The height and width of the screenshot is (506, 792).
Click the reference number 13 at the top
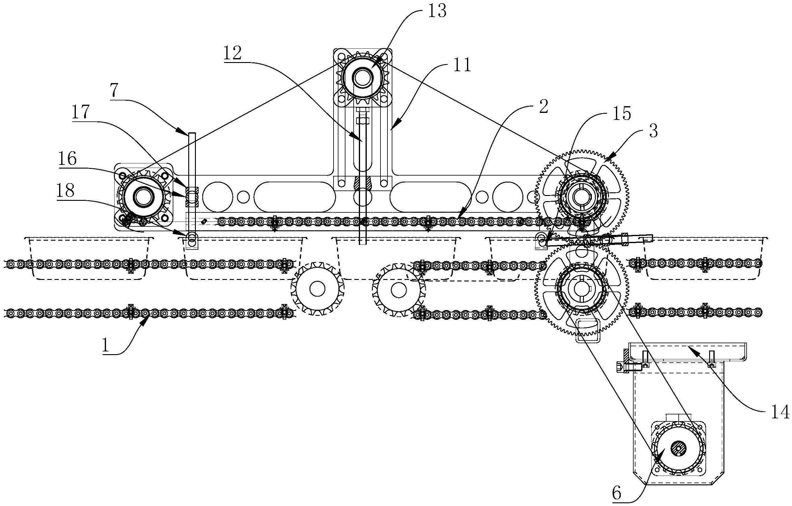437,12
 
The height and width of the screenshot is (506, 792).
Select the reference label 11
462,65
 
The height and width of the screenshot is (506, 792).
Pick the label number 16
67,159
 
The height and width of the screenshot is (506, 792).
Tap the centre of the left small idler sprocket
317,289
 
